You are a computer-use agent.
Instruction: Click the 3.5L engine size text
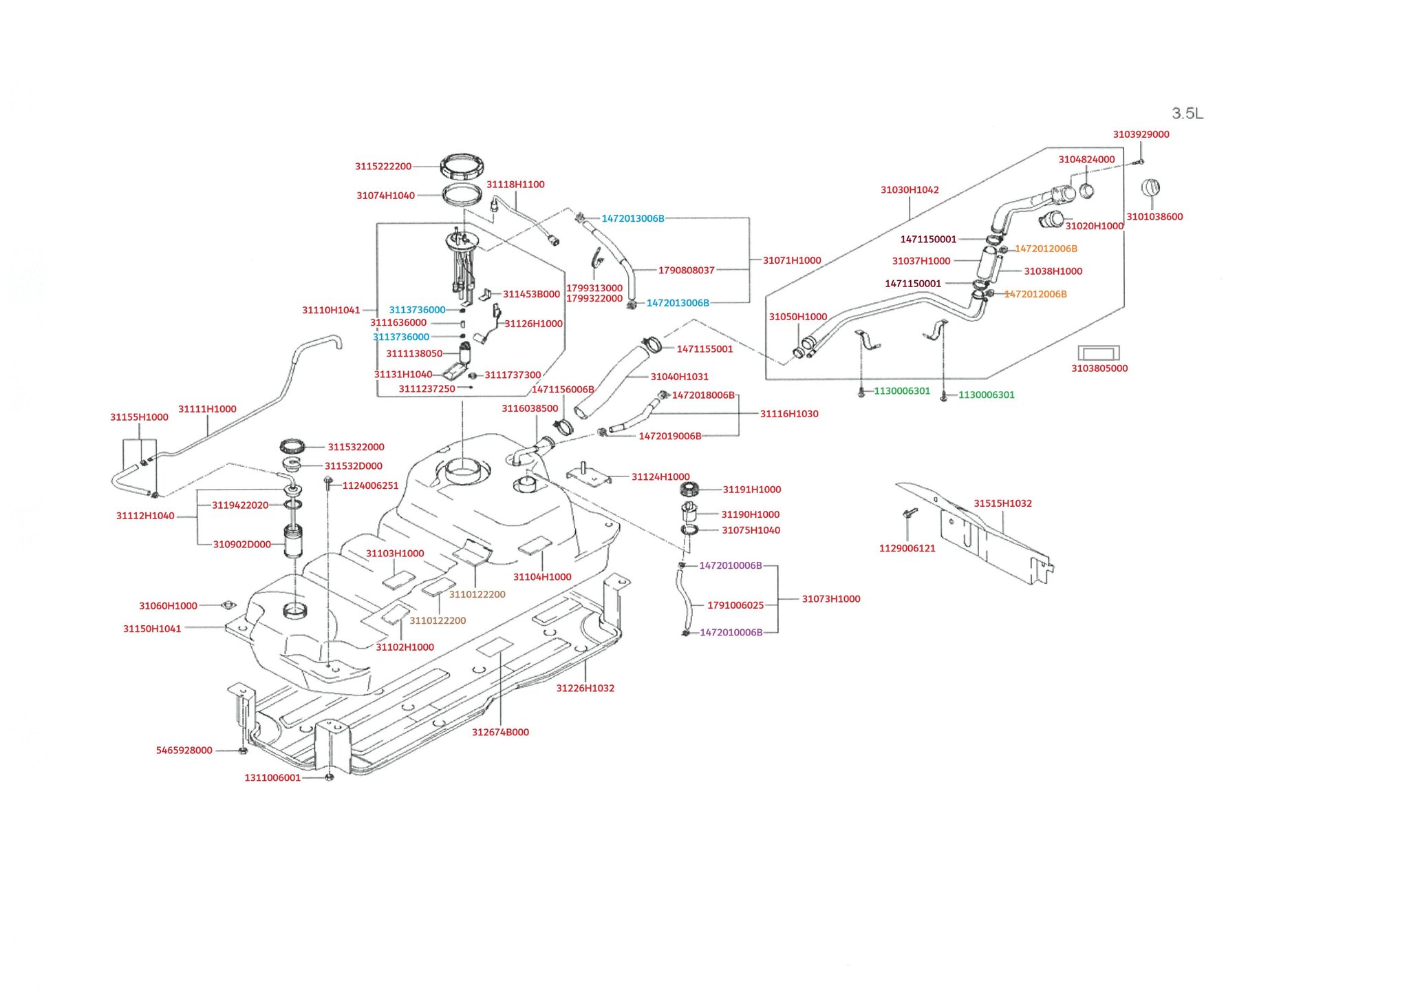coord(1187,113)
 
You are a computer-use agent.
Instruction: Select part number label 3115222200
coord(383,167)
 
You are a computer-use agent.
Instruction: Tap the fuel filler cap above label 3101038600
coord(1151,187)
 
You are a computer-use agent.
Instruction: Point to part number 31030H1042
coord(910,190)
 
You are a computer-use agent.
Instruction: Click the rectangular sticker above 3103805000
coord(1098,353)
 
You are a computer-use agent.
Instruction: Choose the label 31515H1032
coord(1002,503)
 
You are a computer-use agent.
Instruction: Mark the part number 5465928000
coord(184,751)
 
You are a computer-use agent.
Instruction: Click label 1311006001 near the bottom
coord(272,778)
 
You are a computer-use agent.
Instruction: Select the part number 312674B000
coord(500,733)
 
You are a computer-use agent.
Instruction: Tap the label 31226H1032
coord(585,689)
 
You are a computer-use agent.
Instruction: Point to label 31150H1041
coord(152,629)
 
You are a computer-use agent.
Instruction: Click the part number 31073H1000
coord(831,599)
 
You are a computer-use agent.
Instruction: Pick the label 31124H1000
coord(660,476)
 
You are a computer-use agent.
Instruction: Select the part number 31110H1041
coord(331,311)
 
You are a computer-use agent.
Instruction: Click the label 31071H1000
coord(792,260)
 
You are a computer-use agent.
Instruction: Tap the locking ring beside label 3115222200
coord(462,167)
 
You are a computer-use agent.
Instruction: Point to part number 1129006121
coord(907,549)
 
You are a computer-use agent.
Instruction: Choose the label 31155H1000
coord(139,417)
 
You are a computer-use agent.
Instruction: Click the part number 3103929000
coord(1141,134)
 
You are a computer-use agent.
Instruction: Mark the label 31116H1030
coord(789,414)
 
